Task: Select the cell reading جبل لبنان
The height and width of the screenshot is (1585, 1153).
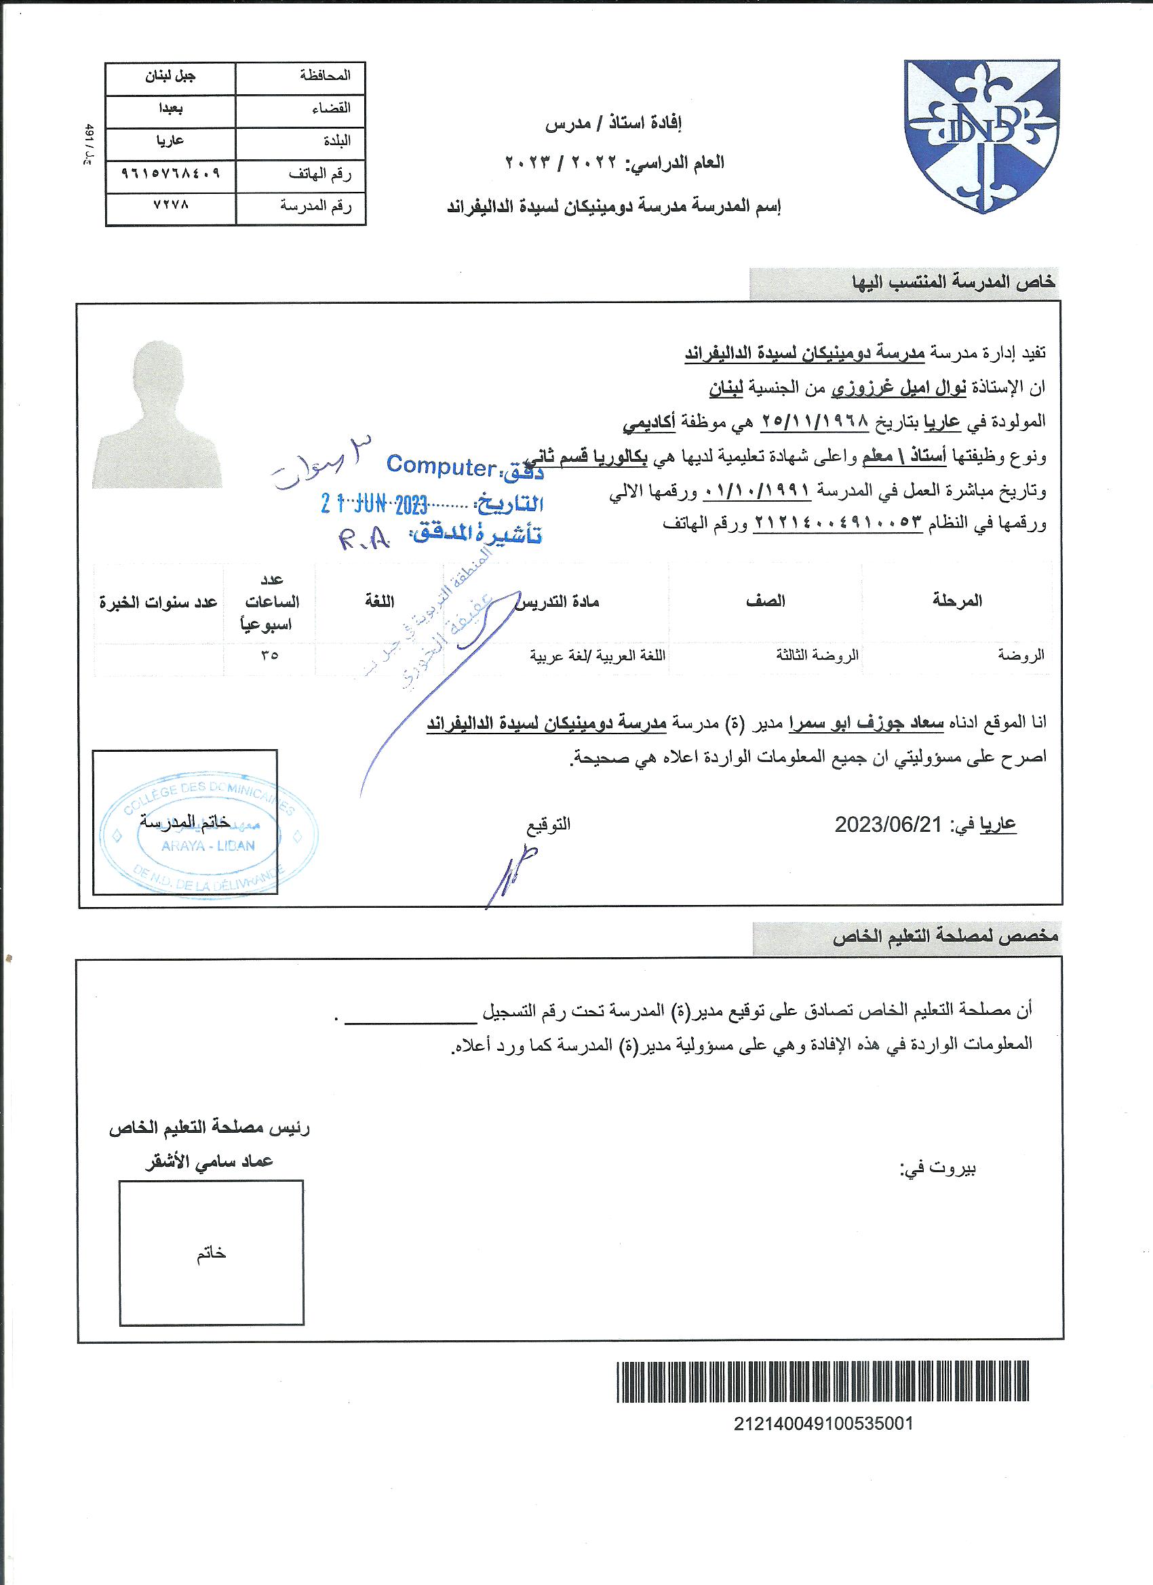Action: pos(171,77)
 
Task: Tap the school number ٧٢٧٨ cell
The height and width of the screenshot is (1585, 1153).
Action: pos(171,207)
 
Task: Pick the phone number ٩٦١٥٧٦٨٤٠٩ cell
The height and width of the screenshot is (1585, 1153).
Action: pos(171,175)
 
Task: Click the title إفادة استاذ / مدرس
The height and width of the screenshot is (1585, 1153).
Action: pos(613,125)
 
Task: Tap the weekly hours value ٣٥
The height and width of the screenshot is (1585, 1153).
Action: pos(269,655)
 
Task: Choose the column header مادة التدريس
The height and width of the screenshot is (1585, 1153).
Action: pos(558,602)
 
